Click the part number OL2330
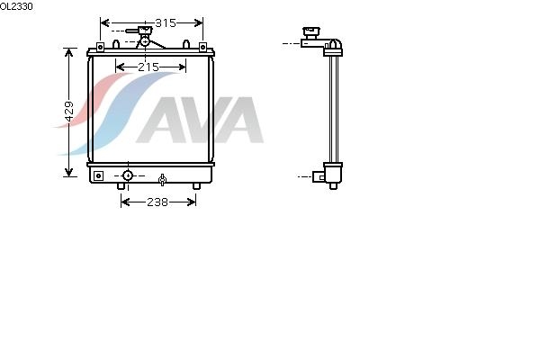click(16, 6)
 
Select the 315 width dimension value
click(166, 23)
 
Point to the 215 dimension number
click(148, 67)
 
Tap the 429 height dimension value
click(69, 112)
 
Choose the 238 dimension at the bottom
click(157, 202)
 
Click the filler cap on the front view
click(145, 31)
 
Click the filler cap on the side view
click(311, 33)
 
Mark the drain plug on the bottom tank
click(162, 180)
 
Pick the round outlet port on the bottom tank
click(128, 175)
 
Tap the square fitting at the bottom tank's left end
click(98, 175)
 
